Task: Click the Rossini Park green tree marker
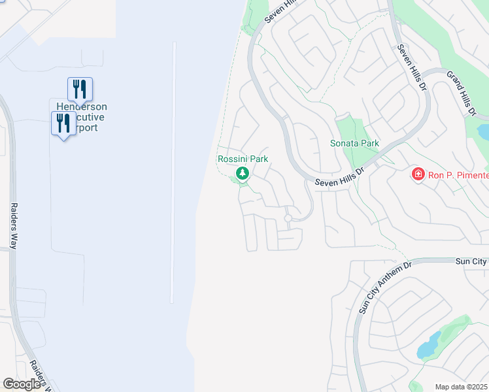pyautogui.click(x=243, y=173)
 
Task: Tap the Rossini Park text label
pyautogui.click(x=243, y=159)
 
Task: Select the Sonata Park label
pyautogui.click(x=354, y=143)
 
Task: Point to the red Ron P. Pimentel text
pyautogui.click(x=457, y=174)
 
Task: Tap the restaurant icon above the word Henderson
pyautogui.click(x=80, y=88)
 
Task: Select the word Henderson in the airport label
pyautogui.click(x=82, y=107)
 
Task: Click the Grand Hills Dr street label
pyautogui.click(x=460, y=95)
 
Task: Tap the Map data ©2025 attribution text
pyautogui.click(x=461, y=387)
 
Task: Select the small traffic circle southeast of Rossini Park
pyautogui.click(x=288, y=218)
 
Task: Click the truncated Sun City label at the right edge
pyautogui.click(x=471, y=261)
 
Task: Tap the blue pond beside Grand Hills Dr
pyautogui.click(x=483, y=131)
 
